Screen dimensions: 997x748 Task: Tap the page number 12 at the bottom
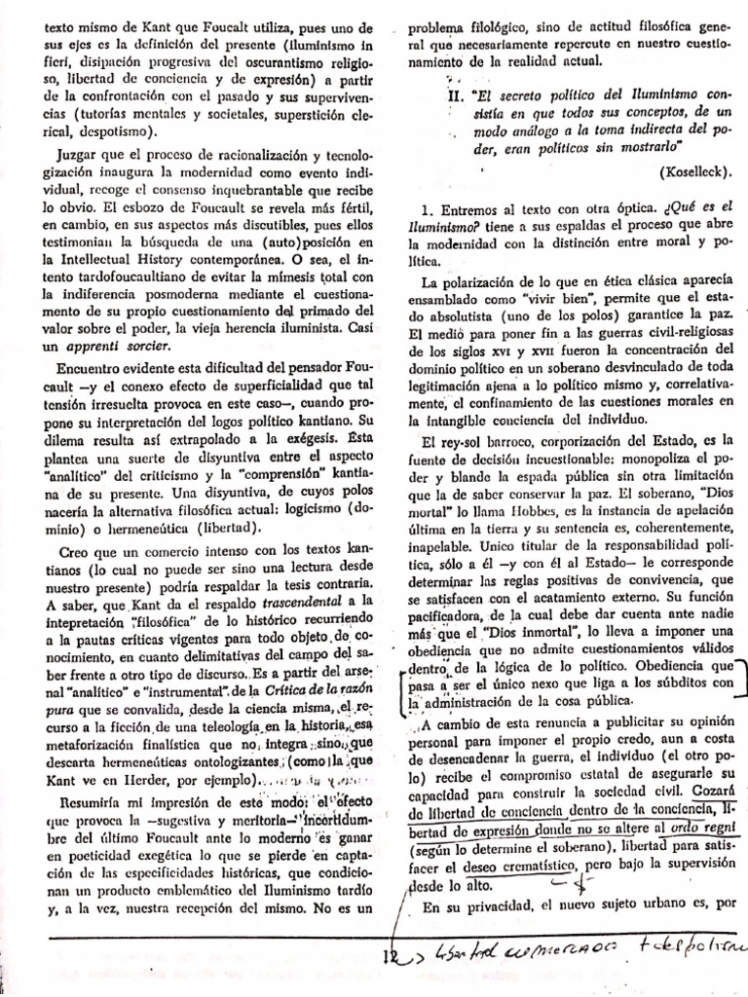(x=389, y=957)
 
